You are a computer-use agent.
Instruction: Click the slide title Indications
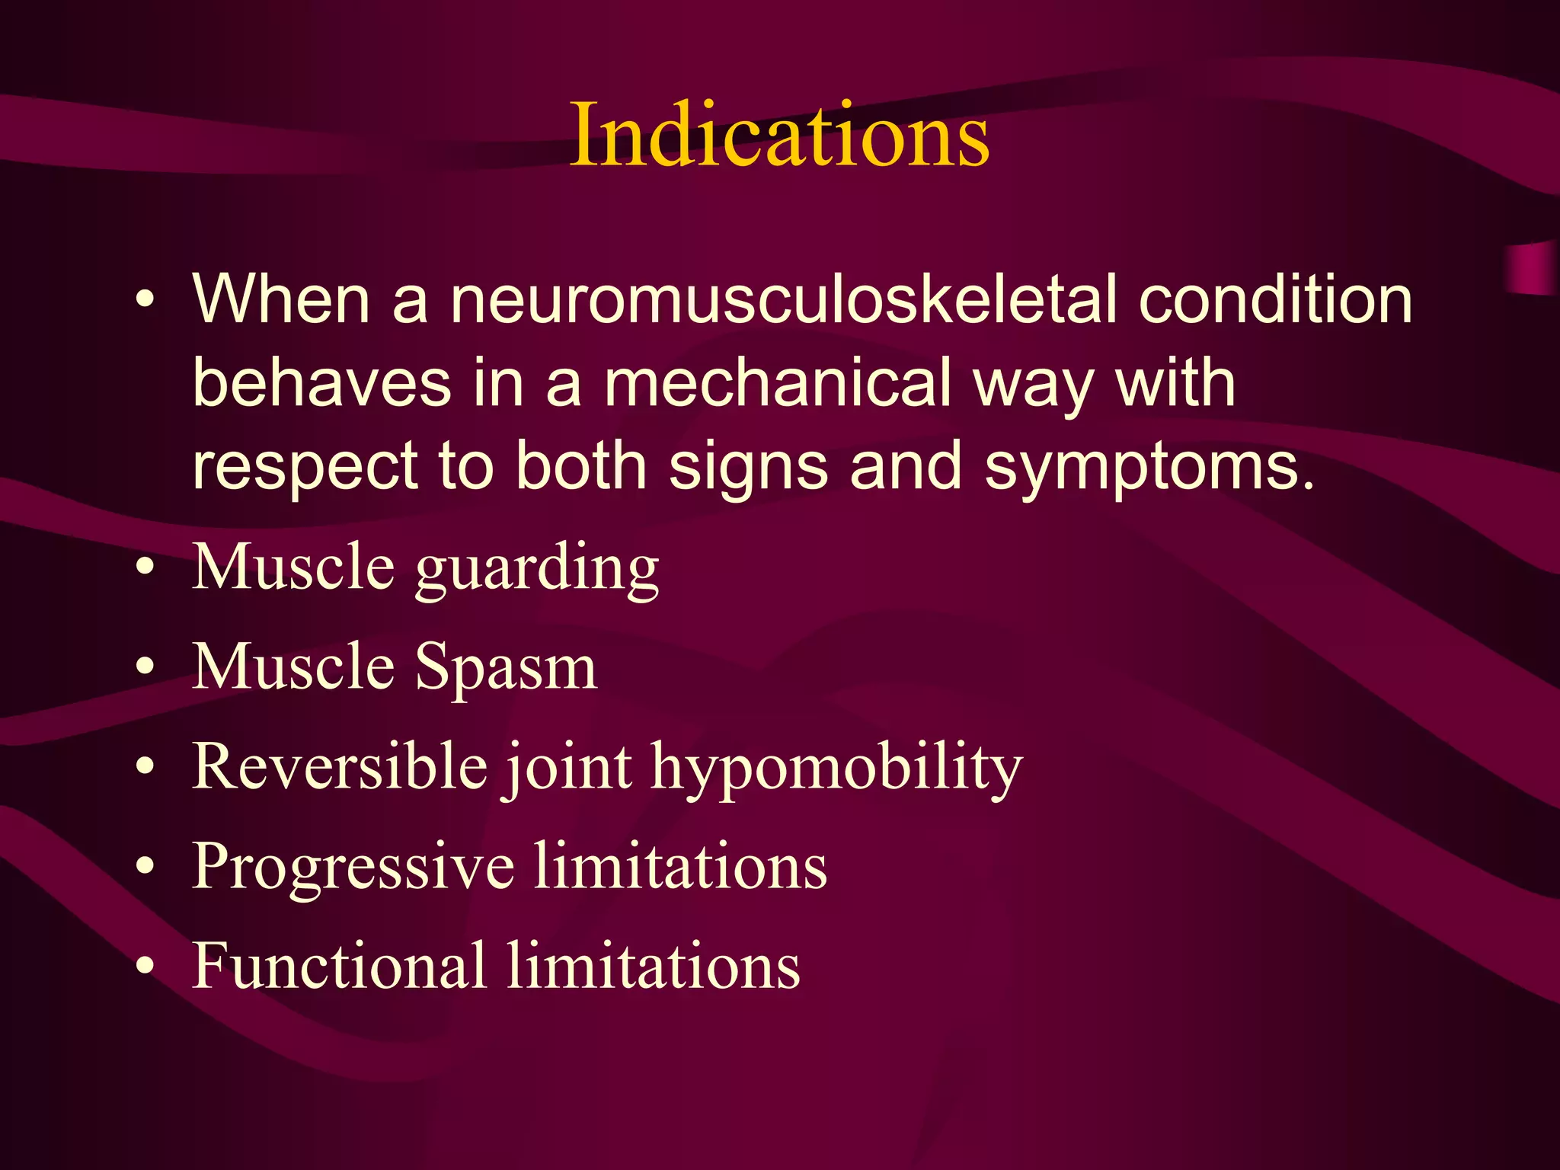point(779,135)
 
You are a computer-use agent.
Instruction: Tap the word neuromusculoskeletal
point(783,299)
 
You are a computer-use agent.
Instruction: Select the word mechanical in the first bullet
point(778,383)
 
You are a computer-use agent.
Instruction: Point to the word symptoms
point(1149,466)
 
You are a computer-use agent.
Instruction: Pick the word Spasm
point(506,667)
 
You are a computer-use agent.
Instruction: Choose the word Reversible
point(340,766)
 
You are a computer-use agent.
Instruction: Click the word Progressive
point(353,866)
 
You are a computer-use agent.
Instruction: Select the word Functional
point(339,965)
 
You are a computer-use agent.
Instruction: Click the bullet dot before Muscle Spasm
point(145,667)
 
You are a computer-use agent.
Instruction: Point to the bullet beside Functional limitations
point(145,967)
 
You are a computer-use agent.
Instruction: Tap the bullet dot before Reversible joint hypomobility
point(145,767)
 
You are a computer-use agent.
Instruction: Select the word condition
point(1275,299)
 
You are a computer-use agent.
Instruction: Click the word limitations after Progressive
point(680,866)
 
